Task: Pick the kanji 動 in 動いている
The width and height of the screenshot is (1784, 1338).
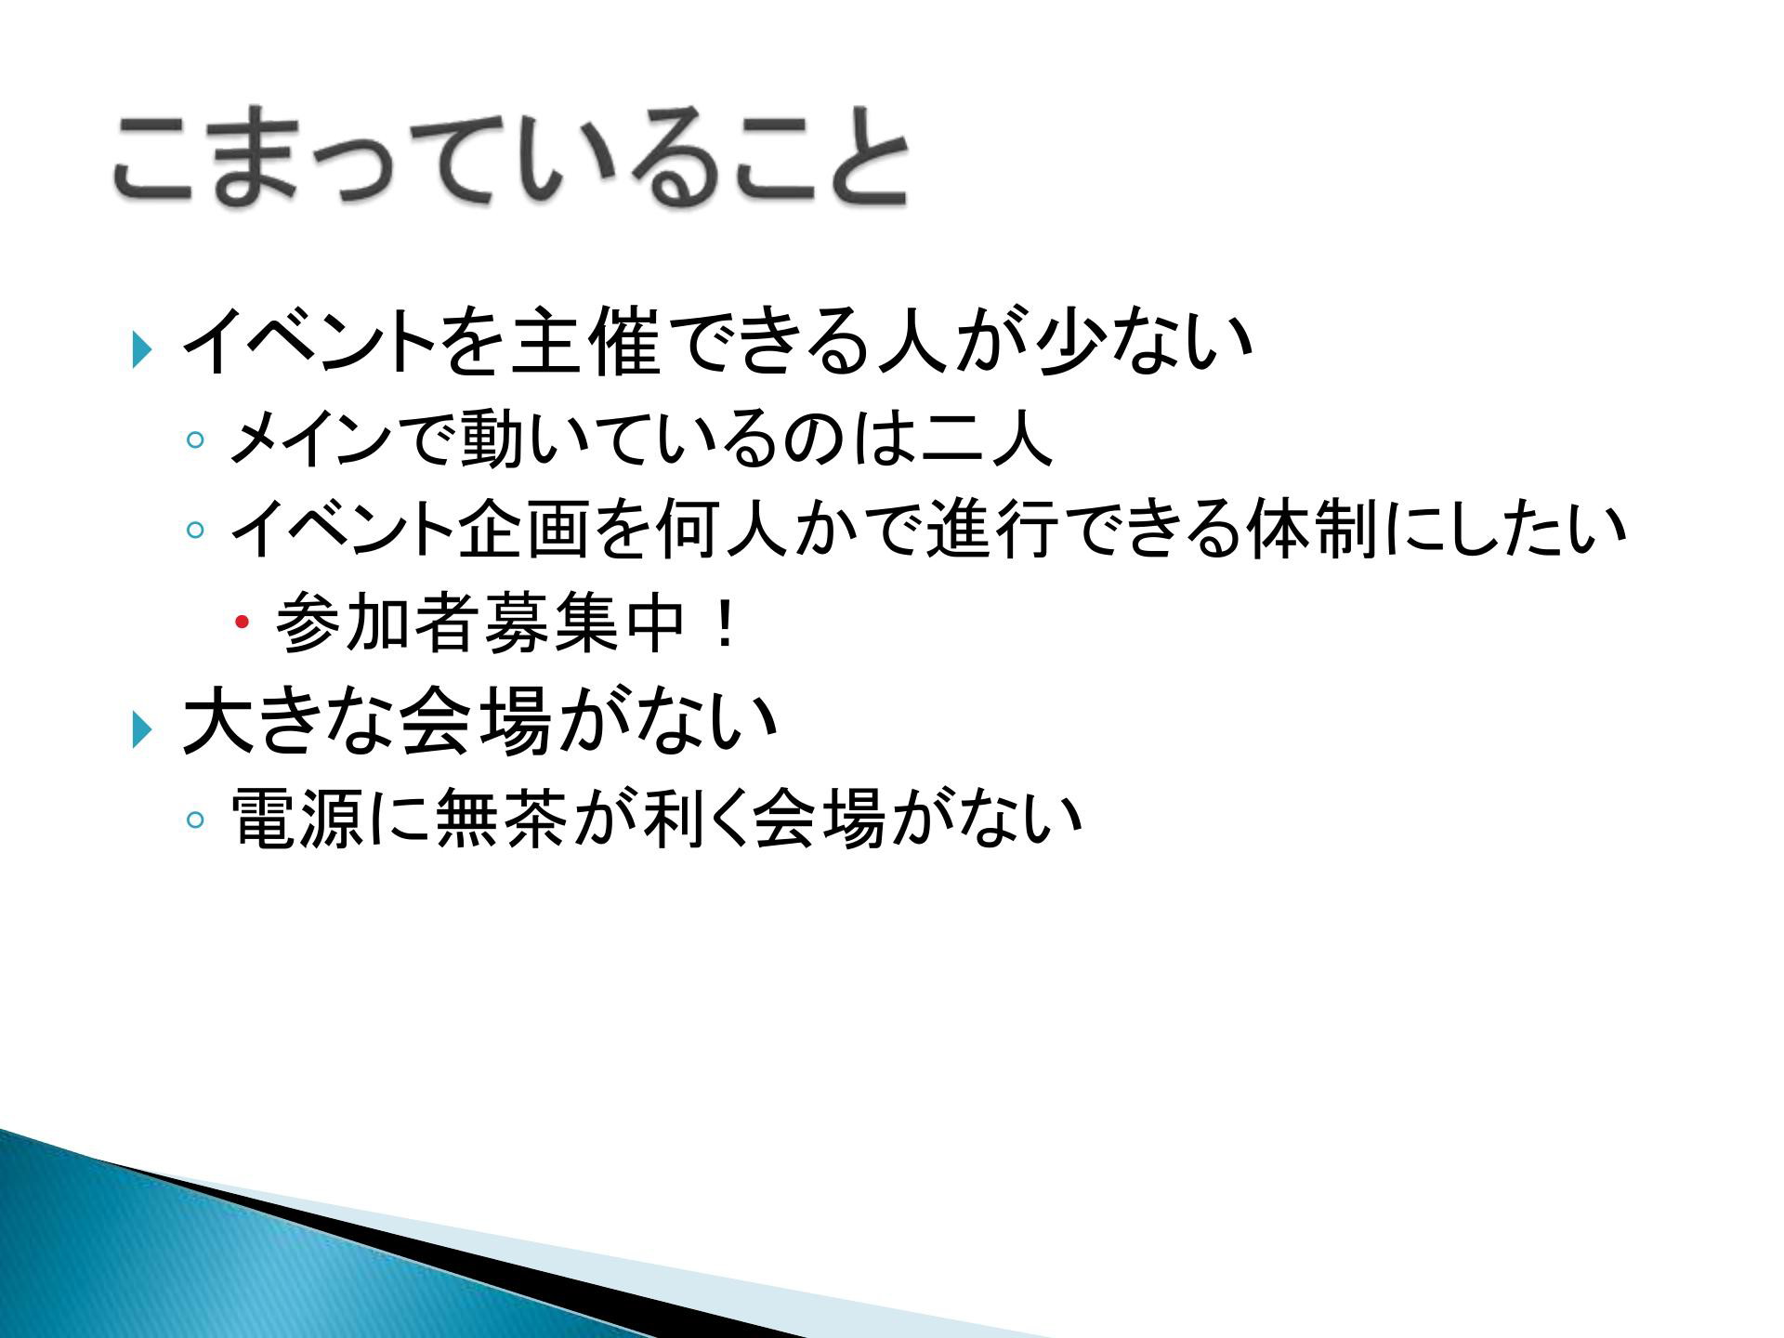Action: [491, 438]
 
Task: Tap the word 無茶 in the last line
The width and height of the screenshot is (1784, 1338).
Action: [498, 819]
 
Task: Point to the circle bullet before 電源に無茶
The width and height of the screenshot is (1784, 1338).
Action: [195, 820]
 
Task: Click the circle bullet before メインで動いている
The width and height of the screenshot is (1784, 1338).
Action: [195, 439]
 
